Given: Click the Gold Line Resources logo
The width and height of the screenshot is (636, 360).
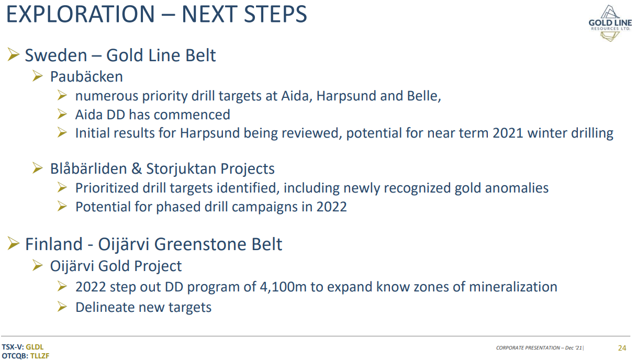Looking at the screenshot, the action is pos(610,23).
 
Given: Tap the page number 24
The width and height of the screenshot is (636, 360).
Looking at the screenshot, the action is pos(622,348).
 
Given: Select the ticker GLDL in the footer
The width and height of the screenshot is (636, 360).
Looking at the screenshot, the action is pos(35,347).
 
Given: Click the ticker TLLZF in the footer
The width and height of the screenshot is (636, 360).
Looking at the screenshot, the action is pos(40,356).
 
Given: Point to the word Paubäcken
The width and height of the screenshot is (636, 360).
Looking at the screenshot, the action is pos(86,76).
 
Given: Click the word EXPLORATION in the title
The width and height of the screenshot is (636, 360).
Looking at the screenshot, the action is pos(81,14).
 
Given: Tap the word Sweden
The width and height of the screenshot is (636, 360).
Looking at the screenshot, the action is pos(56,55).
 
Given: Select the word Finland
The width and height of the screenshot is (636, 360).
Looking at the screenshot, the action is pos(54,244).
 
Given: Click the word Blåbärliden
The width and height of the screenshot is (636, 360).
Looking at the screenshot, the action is pos(88,168).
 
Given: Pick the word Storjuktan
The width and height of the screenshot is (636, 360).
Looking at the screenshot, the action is pos(181,169).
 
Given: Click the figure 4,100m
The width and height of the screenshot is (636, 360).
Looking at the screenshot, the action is pos(283,287).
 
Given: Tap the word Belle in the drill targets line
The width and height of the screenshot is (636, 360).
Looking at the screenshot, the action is pos(424,96).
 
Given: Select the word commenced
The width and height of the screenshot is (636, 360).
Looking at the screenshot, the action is pos(192,115).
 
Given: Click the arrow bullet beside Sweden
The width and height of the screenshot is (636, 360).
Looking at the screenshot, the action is pos(13,54).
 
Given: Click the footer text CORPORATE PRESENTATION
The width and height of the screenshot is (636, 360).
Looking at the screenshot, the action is pos(528,348).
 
